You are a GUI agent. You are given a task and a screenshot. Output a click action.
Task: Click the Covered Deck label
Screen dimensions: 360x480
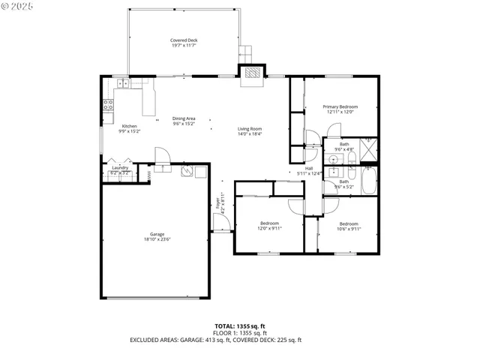(183, 42)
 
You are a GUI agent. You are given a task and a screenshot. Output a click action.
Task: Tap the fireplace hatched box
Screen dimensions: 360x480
(251, 73)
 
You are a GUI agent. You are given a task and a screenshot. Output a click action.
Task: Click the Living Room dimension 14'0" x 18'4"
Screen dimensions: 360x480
(250, 134)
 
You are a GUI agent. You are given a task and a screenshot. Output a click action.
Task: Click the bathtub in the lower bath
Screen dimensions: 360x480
(369, 180)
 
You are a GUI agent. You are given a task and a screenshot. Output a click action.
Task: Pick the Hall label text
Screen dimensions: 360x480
(308, 168)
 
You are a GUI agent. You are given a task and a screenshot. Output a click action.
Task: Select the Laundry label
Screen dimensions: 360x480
(120, 169)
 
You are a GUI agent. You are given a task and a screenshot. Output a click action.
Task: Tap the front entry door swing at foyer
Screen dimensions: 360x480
(220, 223)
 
